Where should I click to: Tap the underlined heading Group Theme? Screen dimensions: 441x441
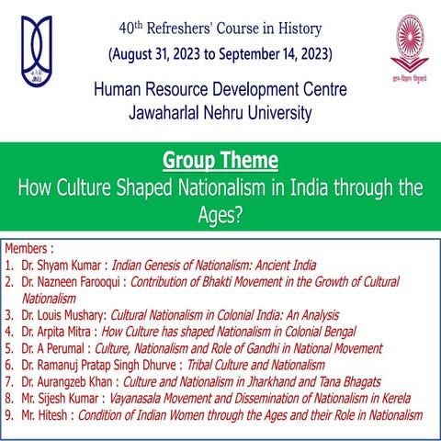coord(220,161)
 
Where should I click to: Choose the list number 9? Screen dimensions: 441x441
coord(8,415)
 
